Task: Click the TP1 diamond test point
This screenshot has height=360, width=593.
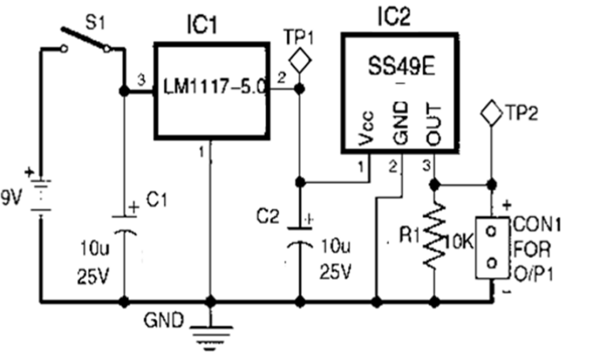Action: point(299,59)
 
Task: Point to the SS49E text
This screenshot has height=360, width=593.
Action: point(400,61)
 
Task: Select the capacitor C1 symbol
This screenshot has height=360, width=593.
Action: point(123,225)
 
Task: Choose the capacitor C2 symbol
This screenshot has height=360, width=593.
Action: point(299,238)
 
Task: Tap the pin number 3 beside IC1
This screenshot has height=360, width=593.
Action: point(141,80)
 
